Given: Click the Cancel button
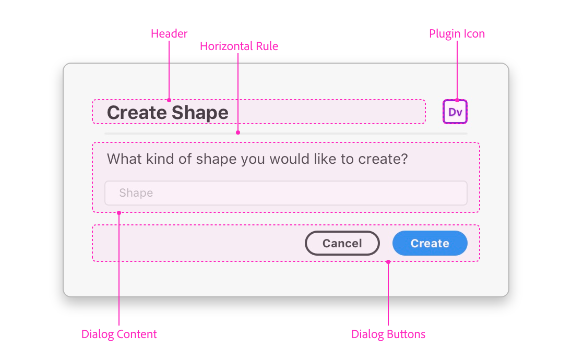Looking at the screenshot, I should [342, 243].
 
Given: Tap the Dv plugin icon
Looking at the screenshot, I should [455, 112].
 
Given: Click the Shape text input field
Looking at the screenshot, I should [285, 193].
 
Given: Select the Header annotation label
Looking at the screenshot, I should [169, 34].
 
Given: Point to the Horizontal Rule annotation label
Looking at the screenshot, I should [239, 46].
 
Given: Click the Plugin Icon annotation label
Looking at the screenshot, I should [457, 34].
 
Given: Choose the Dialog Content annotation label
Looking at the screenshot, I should [119, 334].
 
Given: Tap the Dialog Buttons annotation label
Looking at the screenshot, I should [388, 334].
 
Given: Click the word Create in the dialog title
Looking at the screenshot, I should [137, 113].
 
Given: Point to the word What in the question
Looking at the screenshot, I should [123, 159].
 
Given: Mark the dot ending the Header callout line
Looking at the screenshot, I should [169, 100].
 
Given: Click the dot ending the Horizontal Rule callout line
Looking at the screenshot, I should [238, 133].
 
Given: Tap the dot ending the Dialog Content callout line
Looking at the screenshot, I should [119, 212].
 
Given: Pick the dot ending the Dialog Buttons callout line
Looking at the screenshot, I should [388, 262].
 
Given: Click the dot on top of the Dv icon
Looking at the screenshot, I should [457, 100].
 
